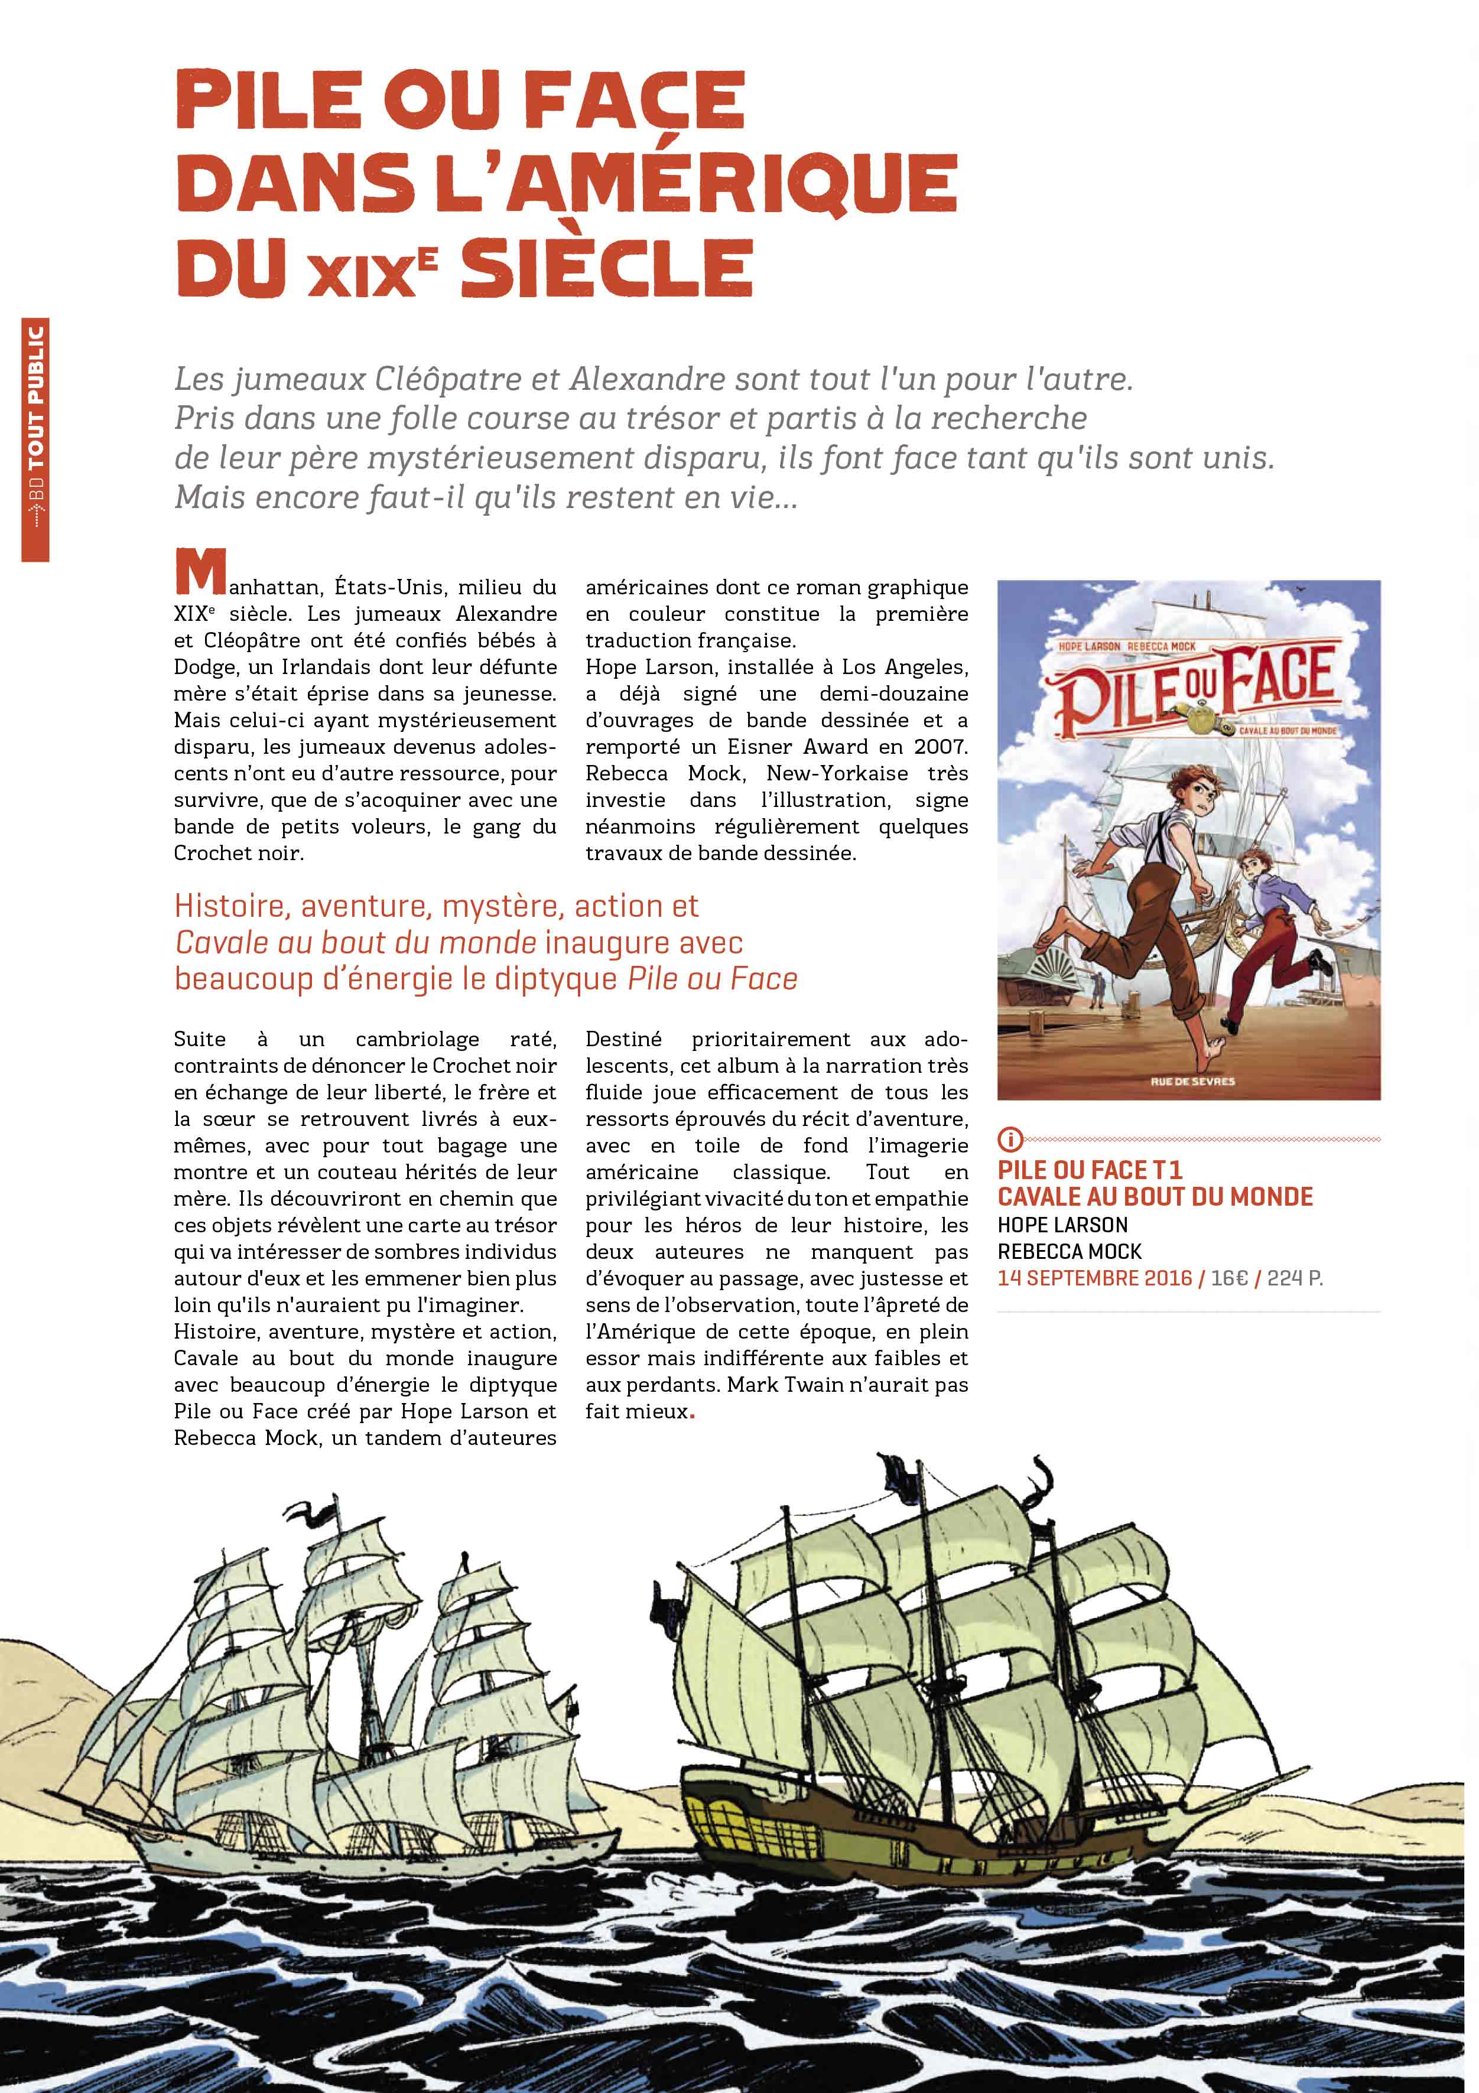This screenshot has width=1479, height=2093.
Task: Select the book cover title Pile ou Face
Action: (x=1195, y=683)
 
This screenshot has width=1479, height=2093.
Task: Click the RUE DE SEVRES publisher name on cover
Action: (x=1192, y=1081)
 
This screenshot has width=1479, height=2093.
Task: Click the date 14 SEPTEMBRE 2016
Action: (x=1094, y=1278)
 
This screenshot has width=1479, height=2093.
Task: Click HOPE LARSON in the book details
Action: (x=1062, y=1225)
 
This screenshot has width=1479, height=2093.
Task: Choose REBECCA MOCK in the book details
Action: (x=1069, y=1252)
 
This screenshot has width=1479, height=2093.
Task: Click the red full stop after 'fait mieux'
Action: (x=692, y=1414)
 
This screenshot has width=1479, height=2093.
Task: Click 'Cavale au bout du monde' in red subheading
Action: (x=356, y=943)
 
